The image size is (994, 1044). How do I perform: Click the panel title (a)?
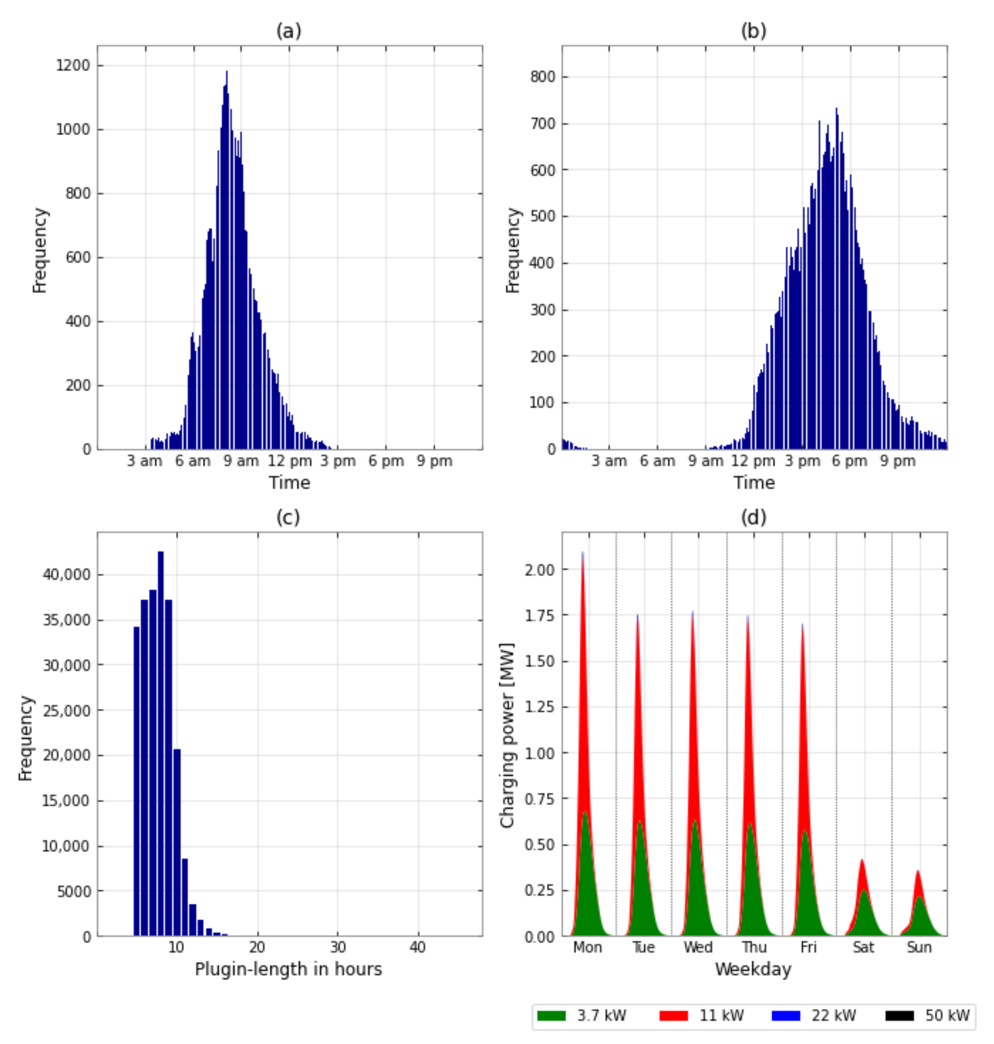click(x=289, y=31)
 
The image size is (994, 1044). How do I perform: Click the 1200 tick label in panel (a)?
click(x=73, y=66)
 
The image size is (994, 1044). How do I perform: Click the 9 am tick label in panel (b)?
click(x=705, y=461)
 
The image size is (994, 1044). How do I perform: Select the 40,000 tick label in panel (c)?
click(x=67, y=574)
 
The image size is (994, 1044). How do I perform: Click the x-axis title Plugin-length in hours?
click(x=288, y=969)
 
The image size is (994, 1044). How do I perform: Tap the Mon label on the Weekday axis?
click(x=588, y=947)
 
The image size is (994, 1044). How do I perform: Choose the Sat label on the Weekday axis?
click(x=863, y=947)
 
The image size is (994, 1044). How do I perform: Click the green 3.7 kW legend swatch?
click(x=551, y=1015)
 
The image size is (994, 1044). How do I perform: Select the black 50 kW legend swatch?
click(x=899, y=1015)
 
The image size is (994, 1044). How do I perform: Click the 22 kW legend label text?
click(x=834, y=1015)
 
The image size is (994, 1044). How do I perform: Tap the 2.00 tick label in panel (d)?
click(x=539, y=570)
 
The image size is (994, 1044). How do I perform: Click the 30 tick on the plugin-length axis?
click(x=337, y=947)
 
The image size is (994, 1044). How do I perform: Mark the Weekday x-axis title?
click(x=753, y=969)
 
